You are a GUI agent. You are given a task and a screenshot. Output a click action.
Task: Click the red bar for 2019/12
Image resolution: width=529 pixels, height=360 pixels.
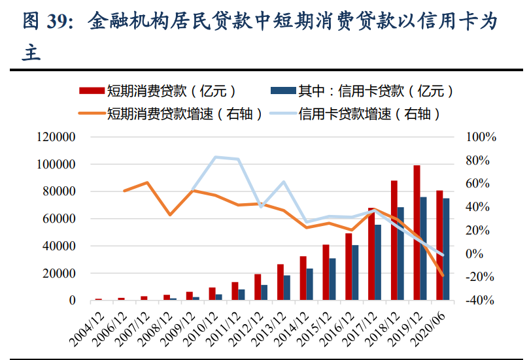click(x=417, y=233)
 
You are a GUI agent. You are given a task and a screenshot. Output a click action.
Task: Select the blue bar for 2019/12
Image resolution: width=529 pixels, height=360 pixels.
click(x=424, y=248)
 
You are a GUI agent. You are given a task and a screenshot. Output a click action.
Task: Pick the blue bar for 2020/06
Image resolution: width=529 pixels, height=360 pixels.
click(x=446, y=249)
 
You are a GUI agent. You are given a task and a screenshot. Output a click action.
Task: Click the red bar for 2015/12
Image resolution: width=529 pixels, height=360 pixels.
click(x=326, y=272)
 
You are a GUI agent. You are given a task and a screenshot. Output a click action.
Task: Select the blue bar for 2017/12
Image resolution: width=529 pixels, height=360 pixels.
click(x=378, y=262)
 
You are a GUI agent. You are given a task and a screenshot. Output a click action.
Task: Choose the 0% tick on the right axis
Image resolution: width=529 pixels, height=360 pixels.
click(x=486, y=254)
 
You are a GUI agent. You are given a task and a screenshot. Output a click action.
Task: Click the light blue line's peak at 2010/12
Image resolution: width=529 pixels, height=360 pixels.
click(x=216, y=157)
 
